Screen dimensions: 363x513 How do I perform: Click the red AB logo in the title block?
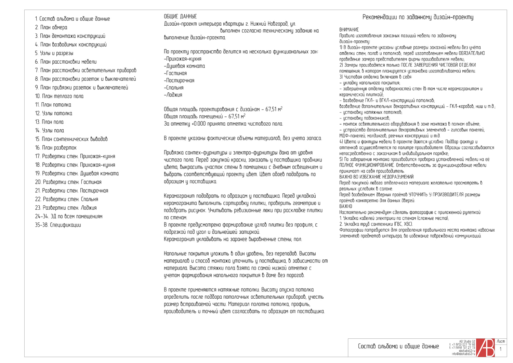click(x=485, y=348)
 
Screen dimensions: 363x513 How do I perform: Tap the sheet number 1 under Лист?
click(x=501, y=349)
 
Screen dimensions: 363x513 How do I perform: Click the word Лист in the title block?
click(x=501, y=341)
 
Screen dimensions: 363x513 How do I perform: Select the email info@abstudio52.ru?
click(x=463, y=354)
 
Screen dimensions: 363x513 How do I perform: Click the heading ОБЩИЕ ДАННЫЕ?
click(x=180, y=16)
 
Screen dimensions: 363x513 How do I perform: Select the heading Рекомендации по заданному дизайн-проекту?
click(x=418, y=17)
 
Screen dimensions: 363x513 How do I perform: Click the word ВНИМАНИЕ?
click(x=349, y=30)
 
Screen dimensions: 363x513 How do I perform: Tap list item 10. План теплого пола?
click(x=59, y=96)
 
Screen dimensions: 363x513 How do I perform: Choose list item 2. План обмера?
click(x=51, y=27)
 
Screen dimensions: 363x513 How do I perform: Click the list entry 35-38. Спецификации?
click(x=58, y=225)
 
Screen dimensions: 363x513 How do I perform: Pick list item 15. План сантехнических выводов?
click(x=71, y=139)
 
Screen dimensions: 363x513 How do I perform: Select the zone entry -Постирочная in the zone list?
click(x=179, y=80)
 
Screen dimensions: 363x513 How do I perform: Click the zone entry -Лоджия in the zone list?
click(x=173, y=95)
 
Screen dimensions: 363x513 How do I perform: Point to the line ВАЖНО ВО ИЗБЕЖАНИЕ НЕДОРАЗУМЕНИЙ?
click(x=376, y=177)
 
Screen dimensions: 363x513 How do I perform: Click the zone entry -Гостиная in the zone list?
click(x=175, y=73)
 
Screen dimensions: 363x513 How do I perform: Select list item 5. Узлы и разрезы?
click(x=54, y=53)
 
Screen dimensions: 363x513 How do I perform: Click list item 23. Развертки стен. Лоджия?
click(x=66, y=208)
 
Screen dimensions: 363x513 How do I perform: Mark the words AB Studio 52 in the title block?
click(x=467, y=341)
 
